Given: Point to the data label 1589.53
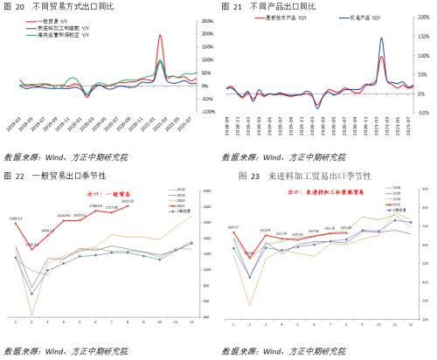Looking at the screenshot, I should click(17, 218).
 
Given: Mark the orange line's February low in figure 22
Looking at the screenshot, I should click(32, 315).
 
